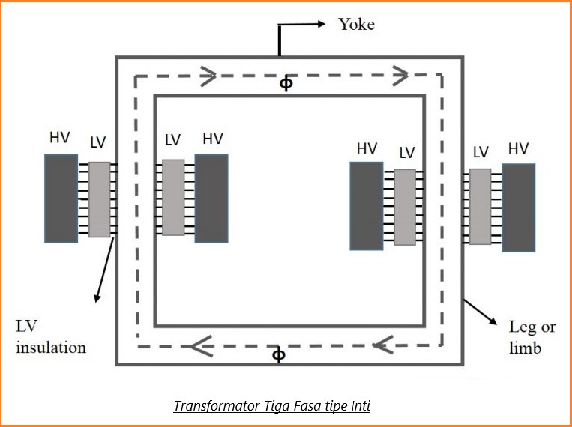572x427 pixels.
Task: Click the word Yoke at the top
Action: tap(356, 24)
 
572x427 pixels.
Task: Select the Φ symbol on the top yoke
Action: tap(286, 84)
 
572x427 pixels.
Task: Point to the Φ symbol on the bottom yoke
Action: tap(278, 354)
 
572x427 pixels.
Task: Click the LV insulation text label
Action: tap(51, 337)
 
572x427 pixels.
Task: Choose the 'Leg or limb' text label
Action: tap(532, 338)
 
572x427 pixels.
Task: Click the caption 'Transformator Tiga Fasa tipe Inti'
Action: tap(272, 406)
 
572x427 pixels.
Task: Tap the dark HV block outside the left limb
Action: tap(61, 199)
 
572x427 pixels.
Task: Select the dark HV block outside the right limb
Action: tap(519, 208)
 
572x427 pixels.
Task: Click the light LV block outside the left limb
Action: tap(99, 199)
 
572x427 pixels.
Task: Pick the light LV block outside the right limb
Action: tap(481, 207)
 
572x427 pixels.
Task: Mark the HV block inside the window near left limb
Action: tap(211, 199)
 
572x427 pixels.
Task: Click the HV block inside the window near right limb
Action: tap(367, 206)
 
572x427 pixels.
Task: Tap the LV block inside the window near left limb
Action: tap(173, 198)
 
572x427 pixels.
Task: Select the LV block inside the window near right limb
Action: tap(405, 208)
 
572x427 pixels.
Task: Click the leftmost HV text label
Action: tap(60, 139)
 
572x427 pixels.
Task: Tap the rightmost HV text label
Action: tap(518, 148)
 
